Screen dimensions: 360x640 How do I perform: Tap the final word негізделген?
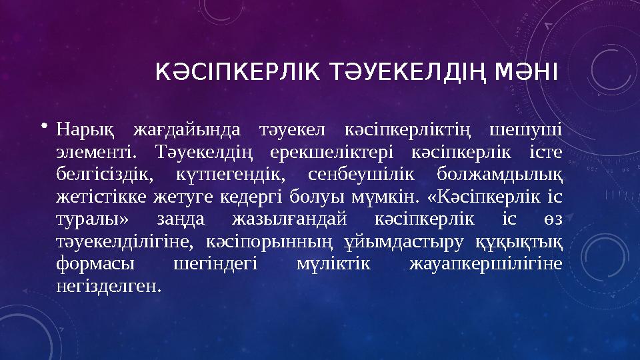109,286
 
